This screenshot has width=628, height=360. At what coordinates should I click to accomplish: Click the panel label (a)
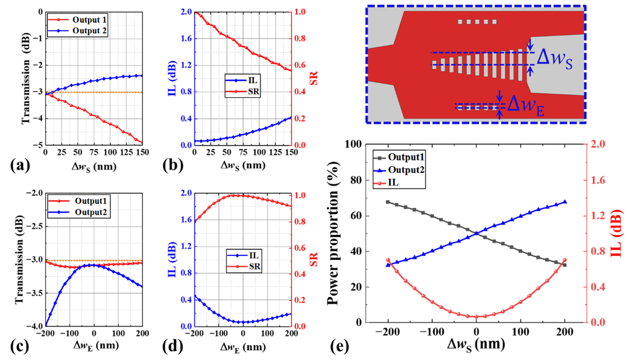click(20, 165)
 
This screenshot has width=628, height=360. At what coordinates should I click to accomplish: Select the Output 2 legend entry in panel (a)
click(89, 31)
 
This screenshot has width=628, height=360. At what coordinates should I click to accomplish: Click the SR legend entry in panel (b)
click(253, 92)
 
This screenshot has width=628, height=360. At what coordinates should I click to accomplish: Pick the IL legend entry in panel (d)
click(254, 255)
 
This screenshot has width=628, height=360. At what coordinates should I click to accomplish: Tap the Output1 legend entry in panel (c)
click(91, 201)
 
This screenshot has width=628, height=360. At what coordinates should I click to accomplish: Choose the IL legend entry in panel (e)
click(393, 182)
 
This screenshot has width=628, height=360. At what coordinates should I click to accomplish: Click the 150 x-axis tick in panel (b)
click(291, 152)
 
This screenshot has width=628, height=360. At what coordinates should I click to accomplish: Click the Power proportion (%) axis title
click(333, 233)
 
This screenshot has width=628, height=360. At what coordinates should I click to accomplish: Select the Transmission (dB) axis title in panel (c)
click(19, 260)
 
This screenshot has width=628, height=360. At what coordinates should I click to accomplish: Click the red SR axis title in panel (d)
click(314, 259)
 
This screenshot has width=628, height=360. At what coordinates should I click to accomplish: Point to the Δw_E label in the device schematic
click(526, 106)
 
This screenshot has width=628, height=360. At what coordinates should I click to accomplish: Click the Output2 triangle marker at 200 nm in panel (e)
click(565, 202)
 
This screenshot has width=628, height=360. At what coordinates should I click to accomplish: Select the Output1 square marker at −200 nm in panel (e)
click(388, 202)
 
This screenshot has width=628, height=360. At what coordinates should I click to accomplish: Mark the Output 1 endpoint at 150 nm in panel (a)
click(142, 142)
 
